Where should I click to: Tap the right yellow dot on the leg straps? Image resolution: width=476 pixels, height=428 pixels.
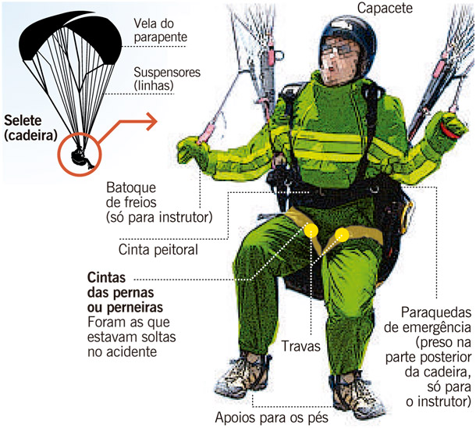[x=341, y=234]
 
